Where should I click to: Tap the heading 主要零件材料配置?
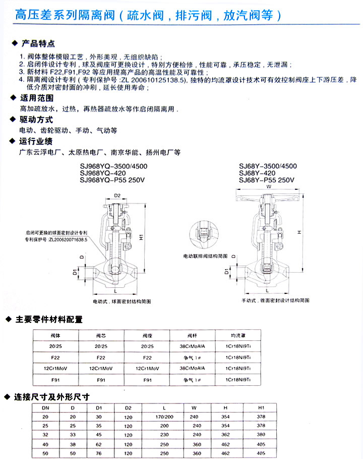click(x=49, y=319)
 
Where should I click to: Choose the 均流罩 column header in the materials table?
click(x=237, y=335)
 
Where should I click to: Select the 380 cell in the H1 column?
click(x=261, y=434)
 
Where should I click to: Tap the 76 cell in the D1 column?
click(x=98, y=452)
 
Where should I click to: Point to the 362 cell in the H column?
click(x=225, y=434)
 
